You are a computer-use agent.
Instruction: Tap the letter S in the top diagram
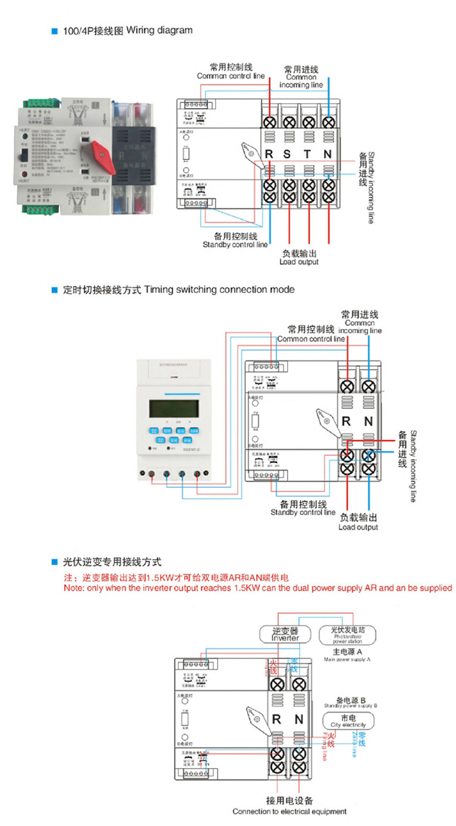[x=287, y=155]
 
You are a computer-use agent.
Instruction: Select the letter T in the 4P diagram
[x=307, y=155]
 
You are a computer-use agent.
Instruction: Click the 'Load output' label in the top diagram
[x=299, y=262]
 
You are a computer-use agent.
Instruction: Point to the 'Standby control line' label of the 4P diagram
[x=235, y=245]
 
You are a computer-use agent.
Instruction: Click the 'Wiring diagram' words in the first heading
[x=159, y=31]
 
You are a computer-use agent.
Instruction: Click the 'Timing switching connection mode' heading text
[x=219, y=289]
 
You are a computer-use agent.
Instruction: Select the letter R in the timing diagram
[x=346, y=422]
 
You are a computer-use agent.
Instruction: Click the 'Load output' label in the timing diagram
[x=358, y=527]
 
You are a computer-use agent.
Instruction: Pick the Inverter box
[x=285, y=634]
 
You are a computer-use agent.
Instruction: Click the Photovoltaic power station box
[x=347, y=635]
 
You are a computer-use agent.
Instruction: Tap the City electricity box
[x=348, y=721]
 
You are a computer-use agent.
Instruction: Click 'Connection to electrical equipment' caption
[x=289, y=811]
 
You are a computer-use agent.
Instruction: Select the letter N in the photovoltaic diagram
[x=299, y=719]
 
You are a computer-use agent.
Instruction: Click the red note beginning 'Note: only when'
[x=258, y=588]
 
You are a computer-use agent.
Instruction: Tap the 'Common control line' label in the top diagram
[x=231, y=76]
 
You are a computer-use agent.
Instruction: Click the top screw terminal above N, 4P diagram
[x=328, y=122]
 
